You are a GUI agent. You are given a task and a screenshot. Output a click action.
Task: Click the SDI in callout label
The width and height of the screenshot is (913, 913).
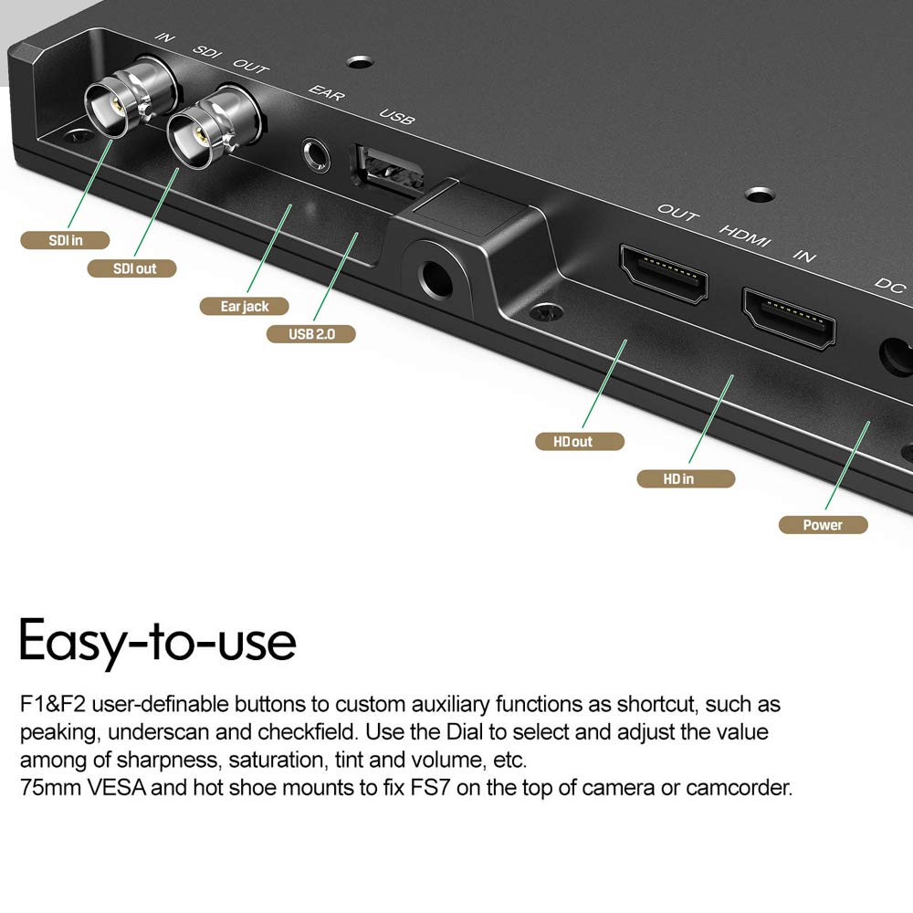click(x=65, y=240)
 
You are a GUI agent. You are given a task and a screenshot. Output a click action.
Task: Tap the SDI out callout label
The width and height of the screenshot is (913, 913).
click(x=132, y=268)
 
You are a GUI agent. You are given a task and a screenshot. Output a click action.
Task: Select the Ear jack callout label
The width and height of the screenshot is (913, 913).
click(x=245, y=306)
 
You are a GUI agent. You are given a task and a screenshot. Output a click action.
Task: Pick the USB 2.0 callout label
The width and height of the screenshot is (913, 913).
click(x=311, y=333)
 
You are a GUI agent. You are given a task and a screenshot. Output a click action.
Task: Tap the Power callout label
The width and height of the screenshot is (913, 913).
click(x=823, y=524)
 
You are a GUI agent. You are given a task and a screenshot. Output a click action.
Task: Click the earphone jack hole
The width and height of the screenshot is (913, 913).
click(x=315, y=154)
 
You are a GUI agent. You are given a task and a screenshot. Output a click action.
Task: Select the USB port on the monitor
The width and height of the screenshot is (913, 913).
click(x=385, y=168)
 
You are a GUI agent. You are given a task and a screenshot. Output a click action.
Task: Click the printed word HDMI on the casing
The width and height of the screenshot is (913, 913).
click(x=745, y=234)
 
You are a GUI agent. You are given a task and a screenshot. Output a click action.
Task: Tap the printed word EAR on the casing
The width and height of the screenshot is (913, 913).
click(x=326, y=95)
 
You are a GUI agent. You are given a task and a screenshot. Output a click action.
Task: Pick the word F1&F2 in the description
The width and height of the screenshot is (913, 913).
click(x=53, y=705)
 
